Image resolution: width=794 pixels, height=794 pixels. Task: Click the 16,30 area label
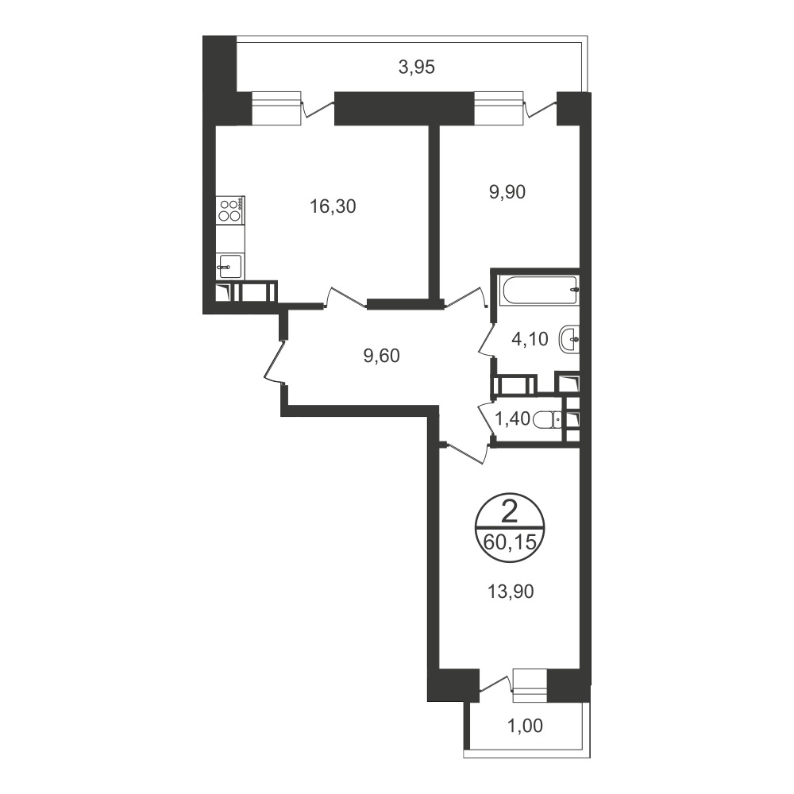click(x=333, y=206)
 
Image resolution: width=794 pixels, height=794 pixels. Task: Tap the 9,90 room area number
click(x=507, y=192)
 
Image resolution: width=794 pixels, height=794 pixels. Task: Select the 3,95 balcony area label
click(x=417, y=67)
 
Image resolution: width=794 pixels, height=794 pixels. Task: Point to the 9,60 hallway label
click(x=381, y=356)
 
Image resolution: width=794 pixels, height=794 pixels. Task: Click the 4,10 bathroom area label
click(x=530, y=339)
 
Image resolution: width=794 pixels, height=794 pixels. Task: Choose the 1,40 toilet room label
click(x=512, y=419)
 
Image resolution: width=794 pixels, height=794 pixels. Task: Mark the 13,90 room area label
click(x=511, y=592)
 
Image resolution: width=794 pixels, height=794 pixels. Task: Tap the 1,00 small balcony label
click(x=525, y=727)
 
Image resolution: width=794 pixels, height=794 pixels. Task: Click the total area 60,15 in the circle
click(x=510, y=542)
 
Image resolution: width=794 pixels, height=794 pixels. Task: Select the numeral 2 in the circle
click(x=510, y=515)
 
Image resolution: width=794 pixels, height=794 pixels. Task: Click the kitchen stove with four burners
click(x=231, y=210)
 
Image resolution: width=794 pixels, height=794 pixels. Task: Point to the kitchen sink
click(x=230, y=266)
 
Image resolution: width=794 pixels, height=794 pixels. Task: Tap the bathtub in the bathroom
click(x=539, y=291)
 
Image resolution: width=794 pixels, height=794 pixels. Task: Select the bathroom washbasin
click(x=569, y=339)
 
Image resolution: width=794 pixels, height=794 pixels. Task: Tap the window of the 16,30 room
click(x=276, y=107)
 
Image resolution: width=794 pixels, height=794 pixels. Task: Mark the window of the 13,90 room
click(x=530, y=686)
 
